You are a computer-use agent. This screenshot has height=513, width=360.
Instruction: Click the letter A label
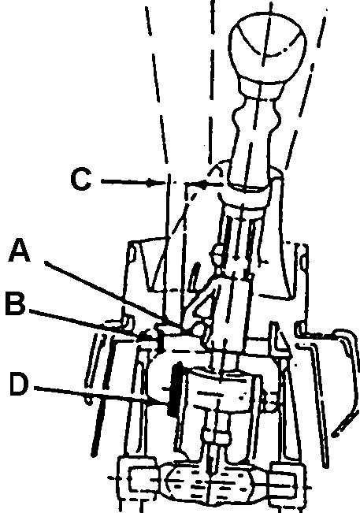pos(19,251)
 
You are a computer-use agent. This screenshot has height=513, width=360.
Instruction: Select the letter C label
pos(81,179)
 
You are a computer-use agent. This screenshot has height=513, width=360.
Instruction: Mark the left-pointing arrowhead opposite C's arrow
pos(203,185)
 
